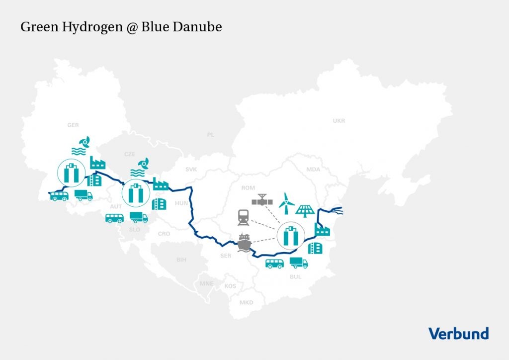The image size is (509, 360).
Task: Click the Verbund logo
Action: [458, 333]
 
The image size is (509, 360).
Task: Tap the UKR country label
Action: [339, 121]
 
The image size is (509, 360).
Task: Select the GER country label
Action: [73, 125]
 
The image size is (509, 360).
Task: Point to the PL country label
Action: [210, 135]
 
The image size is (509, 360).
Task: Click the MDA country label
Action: [313, 170]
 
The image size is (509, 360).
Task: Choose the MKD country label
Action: [246, 302]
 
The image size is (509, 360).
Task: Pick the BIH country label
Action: [181, 260]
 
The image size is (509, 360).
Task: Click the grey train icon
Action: [244, 217]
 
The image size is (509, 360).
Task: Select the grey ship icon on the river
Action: [245, 243]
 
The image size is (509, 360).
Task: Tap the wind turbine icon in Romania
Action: [286, 201]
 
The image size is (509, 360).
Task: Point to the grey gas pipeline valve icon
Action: [262, 200]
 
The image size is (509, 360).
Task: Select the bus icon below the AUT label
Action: [114, 218]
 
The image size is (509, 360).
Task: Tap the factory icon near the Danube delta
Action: [323, 229]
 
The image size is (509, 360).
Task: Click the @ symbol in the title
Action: [130, 27]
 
